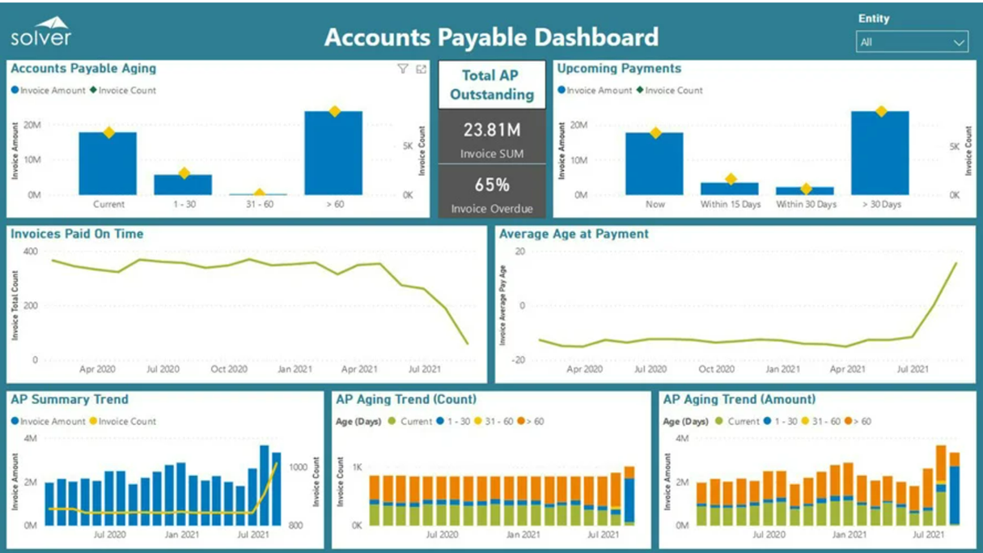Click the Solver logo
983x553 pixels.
pos(40,32)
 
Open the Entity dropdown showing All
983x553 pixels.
pos(911,42)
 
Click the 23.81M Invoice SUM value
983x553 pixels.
pos(491,130)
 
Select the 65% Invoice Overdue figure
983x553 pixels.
pos(491,185)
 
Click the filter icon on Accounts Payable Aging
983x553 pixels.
pos(403,70)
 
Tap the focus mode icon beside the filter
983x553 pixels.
pos(421,70)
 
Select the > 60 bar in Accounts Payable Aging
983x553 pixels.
pos(333,153)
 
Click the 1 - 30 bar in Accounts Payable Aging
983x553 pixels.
pos(183,185)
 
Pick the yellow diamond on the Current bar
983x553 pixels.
pos(108,132)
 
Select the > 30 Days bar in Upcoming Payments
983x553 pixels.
pos(880,153)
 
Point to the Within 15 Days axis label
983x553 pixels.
pos(731,205)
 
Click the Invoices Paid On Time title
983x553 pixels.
pos(77,234)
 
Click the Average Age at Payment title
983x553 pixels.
pos(574,234)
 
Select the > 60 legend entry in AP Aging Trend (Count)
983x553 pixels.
pos(534,422)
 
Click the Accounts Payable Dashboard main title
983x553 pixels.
pos(491,37)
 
